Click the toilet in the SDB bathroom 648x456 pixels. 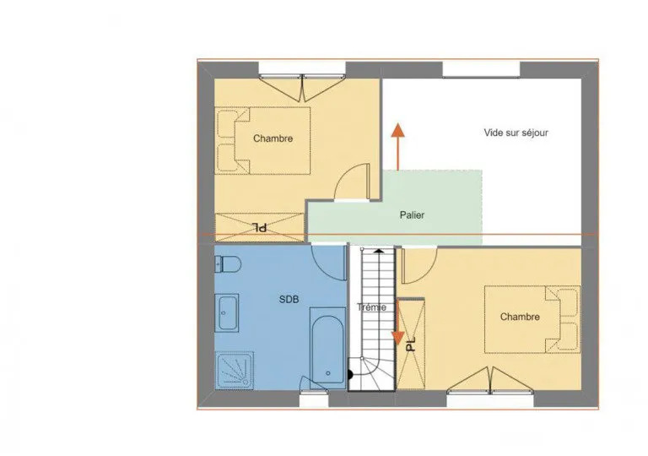tap(228, 264)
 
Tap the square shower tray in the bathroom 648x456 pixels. tap(234, 371)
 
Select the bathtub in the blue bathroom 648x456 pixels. tap(327, 348)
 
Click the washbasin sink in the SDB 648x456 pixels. tap(226, 312)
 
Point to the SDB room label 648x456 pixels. tap(289, 299)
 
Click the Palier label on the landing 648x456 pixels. tap(412, 215)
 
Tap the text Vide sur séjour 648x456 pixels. tap(516, 133)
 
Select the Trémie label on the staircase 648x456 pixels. tap(371, 307)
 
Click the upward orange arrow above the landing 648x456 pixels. tap(398, 146)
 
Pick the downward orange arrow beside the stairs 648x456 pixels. tap(398, 323)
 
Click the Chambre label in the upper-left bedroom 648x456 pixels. tap(273, 138)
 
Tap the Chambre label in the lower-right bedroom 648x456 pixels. tap(520, 317)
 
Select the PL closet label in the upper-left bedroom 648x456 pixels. tap(260, 227)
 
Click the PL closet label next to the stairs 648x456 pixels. tap(410, 343)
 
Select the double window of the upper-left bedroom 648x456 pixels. tap(302, 87)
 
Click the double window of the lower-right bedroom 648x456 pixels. tap(490, 380)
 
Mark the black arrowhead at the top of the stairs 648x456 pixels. tap(379, 250)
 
